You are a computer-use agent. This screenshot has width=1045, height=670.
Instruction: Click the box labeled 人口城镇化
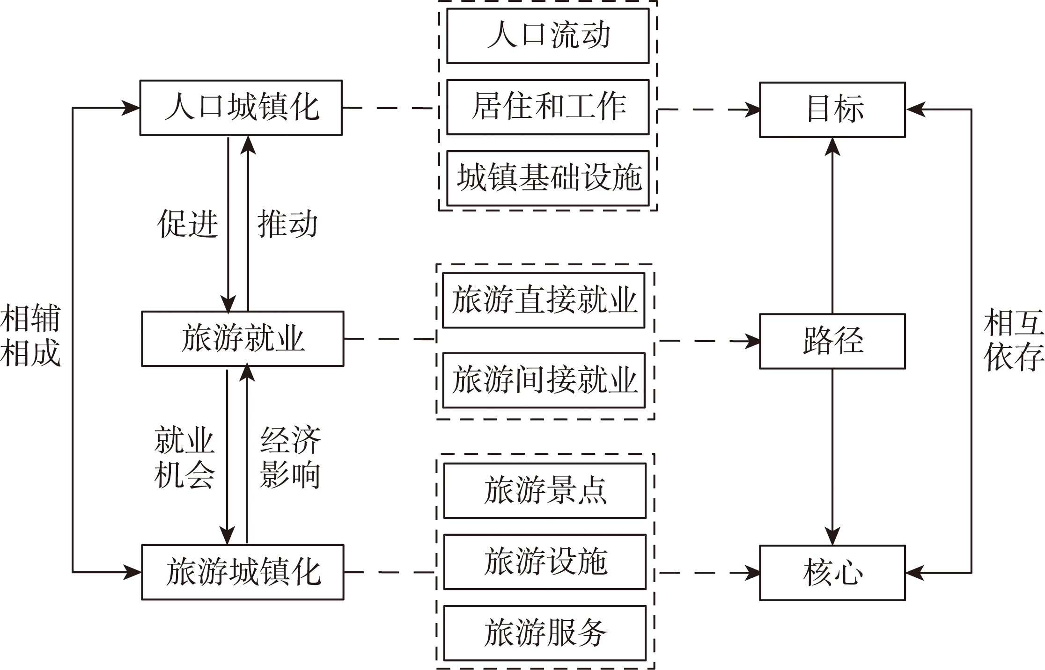click(241, 108)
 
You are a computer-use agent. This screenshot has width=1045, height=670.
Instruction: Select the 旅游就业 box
click(243, 339)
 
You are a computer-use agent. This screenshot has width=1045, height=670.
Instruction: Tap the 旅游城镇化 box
click(243, 572)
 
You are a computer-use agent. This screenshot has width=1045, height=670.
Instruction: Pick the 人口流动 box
click(548, 36)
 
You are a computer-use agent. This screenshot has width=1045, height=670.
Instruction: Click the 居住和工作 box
click(548, 107)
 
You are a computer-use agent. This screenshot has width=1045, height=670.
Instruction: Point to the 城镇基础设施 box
click(548, 178)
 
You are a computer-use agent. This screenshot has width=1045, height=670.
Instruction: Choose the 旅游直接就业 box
click(544, 300)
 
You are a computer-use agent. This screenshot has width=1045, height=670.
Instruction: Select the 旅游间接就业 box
click(544, 380)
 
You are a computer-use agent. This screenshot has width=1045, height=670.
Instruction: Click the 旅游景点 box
click(545, 491)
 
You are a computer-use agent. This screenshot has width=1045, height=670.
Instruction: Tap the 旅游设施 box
click(545, 562)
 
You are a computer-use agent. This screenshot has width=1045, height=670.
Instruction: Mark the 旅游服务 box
click(545, 633)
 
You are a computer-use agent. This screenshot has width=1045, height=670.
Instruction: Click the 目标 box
click(832, 109)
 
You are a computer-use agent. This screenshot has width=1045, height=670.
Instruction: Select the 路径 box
click(832, 341)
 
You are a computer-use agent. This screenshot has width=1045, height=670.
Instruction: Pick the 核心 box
click(832, 573)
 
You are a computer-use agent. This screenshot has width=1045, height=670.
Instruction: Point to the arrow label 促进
click(188, 224)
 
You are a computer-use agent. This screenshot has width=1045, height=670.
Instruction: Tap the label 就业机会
click(184, 458)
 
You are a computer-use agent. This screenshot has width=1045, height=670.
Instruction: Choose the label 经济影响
click(290, 458)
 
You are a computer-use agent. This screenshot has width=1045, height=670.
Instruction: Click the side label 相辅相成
click(30, 335)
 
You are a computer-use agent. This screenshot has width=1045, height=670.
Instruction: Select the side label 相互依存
click(1014, 340)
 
